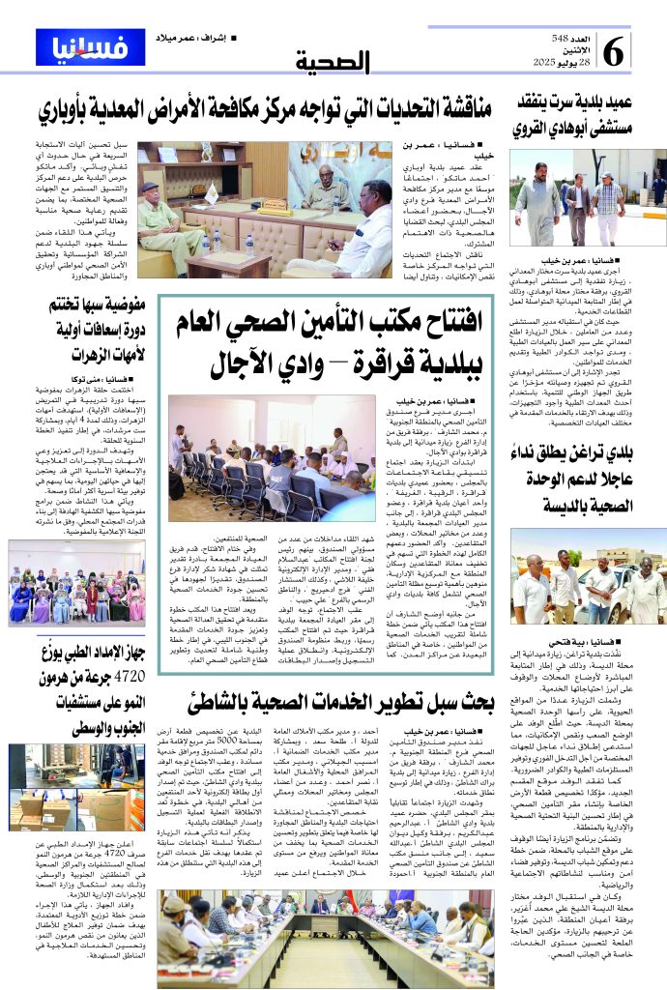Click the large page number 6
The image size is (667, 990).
tap(614, 48)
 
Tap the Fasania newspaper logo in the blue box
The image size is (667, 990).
tap(76, 46)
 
